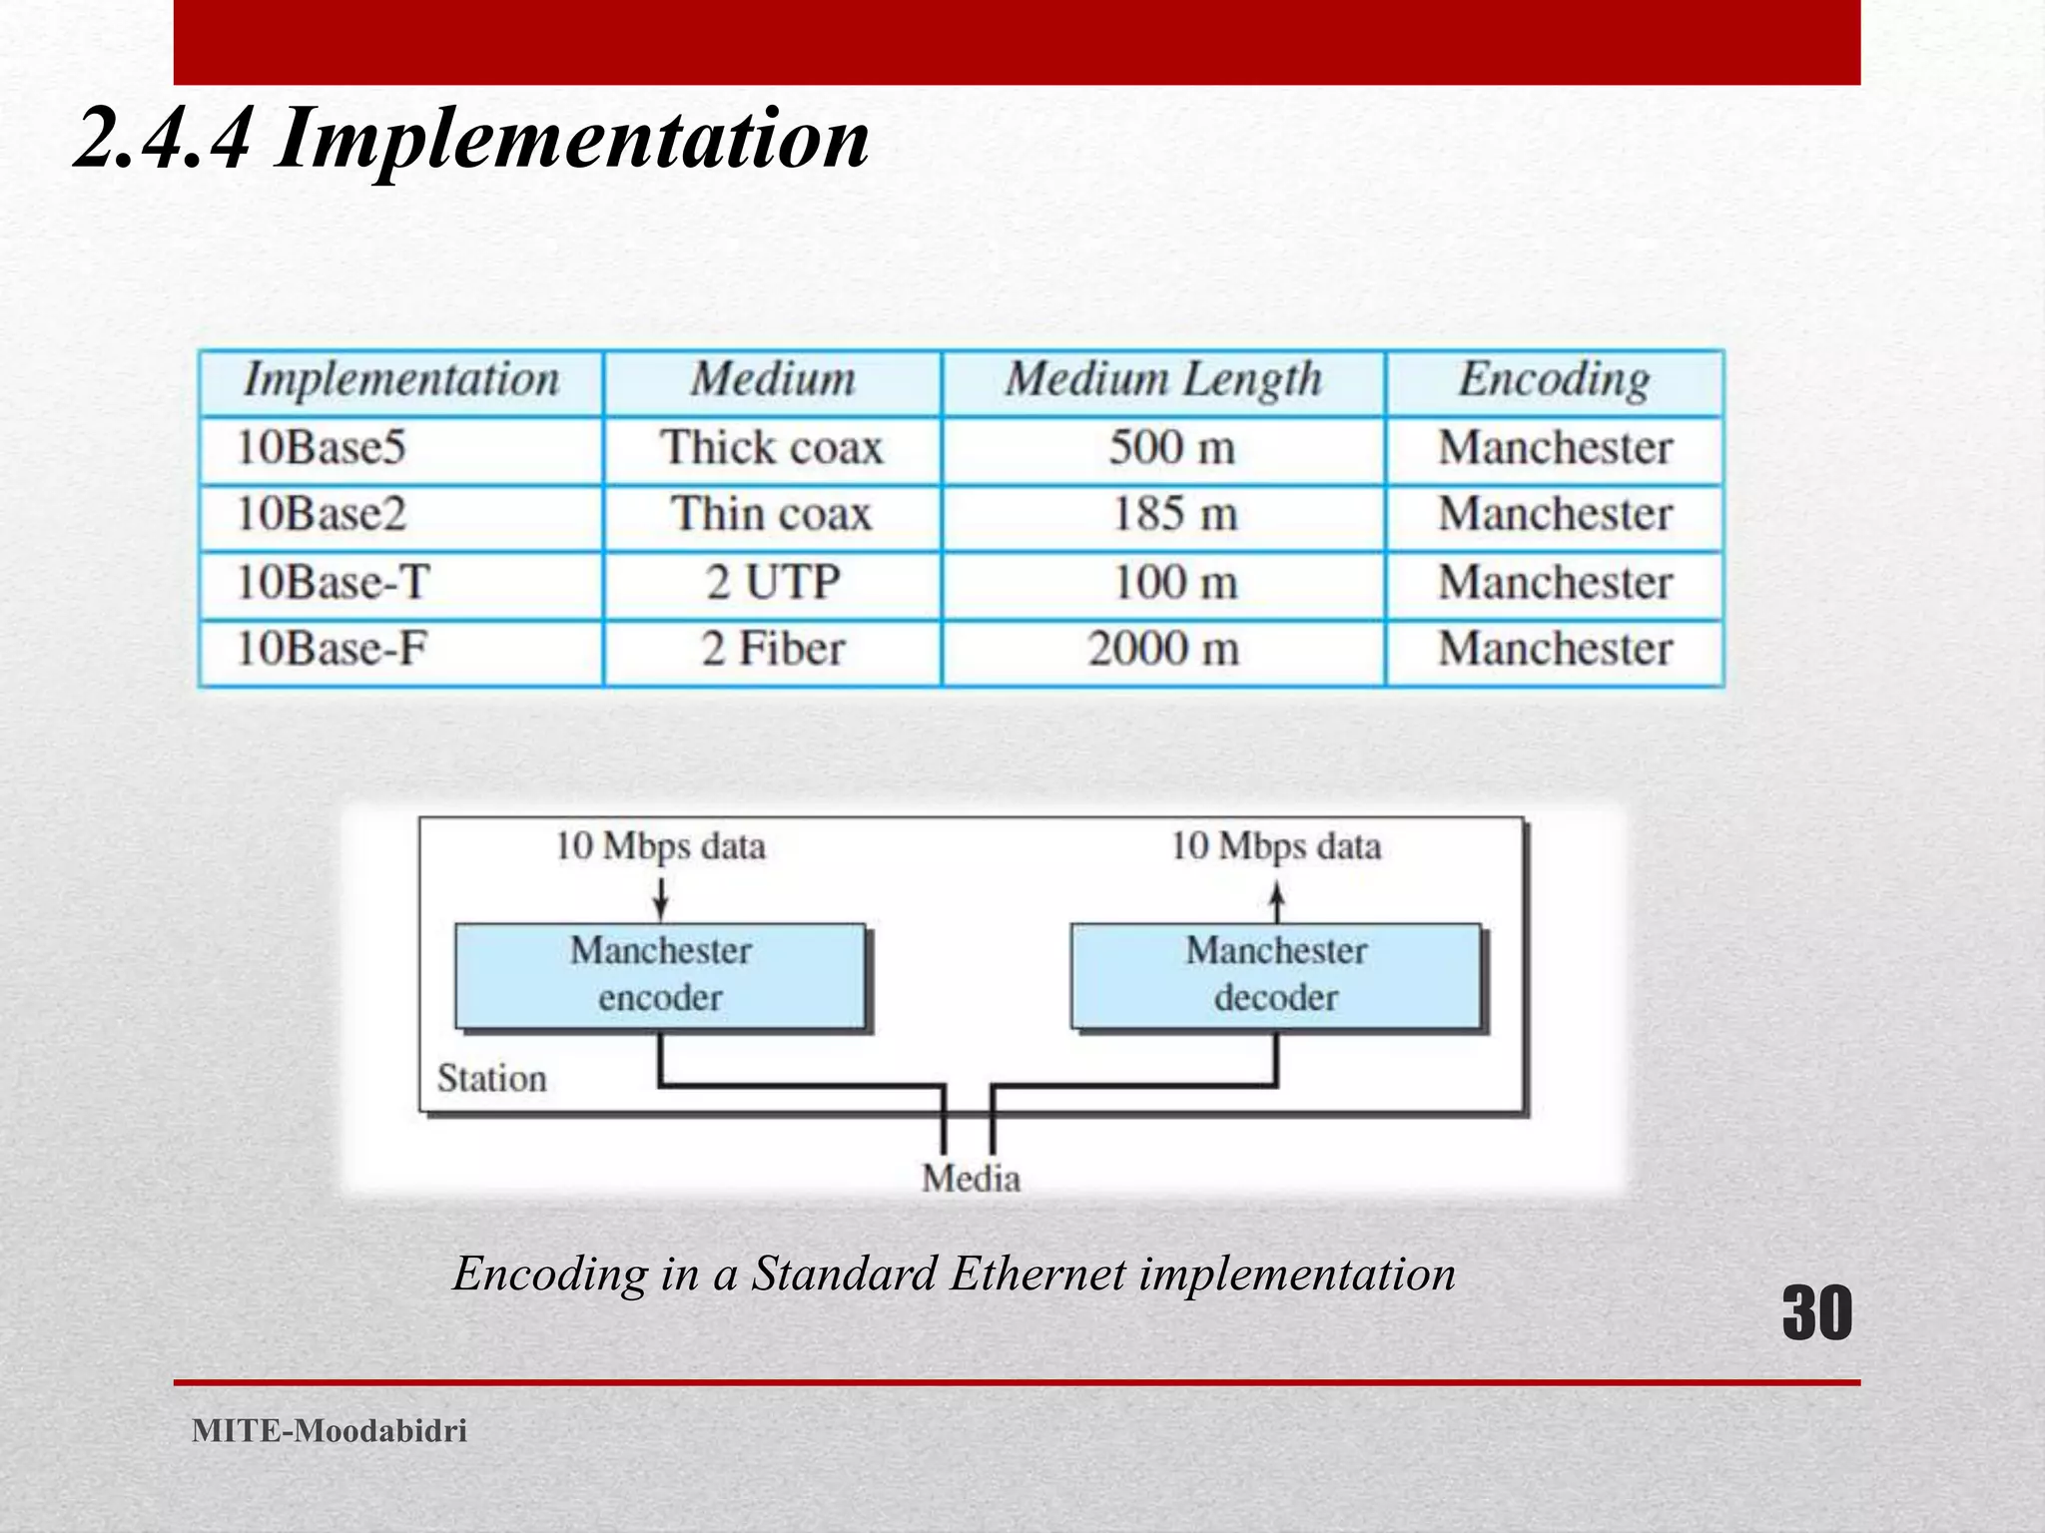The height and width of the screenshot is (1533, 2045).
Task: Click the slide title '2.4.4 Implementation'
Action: pyautogui.click(x=471, y=139)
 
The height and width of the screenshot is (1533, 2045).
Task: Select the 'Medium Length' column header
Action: pyautogui.click(x=1162, y=380)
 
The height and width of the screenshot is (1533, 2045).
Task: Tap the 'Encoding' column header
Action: pyautogui.click(x=1554, y=380)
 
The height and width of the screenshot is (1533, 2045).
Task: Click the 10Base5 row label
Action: pyautogui.click(x=322, y=447)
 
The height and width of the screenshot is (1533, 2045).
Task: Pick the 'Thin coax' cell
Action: pyautogui.click(x=771, y=515)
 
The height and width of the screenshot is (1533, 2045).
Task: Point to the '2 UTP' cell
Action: pyautogui.click(x=773, y=582)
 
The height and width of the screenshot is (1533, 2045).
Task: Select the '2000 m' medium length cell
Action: pyautogui.click(x=1162, y=649)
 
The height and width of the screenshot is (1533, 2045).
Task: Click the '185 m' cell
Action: pyautogui.click(x=1174, y=515)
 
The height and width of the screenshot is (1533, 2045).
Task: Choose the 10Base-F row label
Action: pyautogui.click(x=332, y=649)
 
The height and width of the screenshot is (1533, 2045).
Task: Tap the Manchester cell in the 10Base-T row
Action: pyautogui.click(x=1554, y=582)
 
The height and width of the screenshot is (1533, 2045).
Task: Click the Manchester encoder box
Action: pyautogui.click(x=660, y=975)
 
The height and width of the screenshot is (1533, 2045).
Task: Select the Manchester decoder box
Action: pyautogui.click(x=1275, y=975)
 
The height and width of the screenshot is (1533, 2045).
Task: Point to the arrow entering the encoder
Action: pyautogui.click(x=660, y=898)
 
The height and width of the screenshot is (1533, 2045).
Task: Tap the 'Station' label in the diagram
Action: pyautogui.click(x=491, y=1079)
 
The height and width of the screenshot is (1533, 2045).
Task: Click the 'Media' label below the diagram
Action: pyautogui.click(x=971, y=1179)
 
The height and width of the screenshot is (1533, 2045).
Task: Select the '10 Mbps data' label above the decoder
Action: pyautogui.click(x=1275, y=846)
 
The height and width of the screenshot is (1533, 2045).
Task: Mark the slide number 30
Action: pyautogui.click(x=1816, y=1313)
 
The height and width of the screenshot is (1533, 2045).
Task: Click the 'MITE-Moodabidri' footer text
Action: pyautogui.click(x=330, y=1431)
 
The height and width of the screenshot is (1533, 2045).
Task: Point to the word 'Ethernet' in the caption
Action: pyautogui.click(x=1038, y=1275)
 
